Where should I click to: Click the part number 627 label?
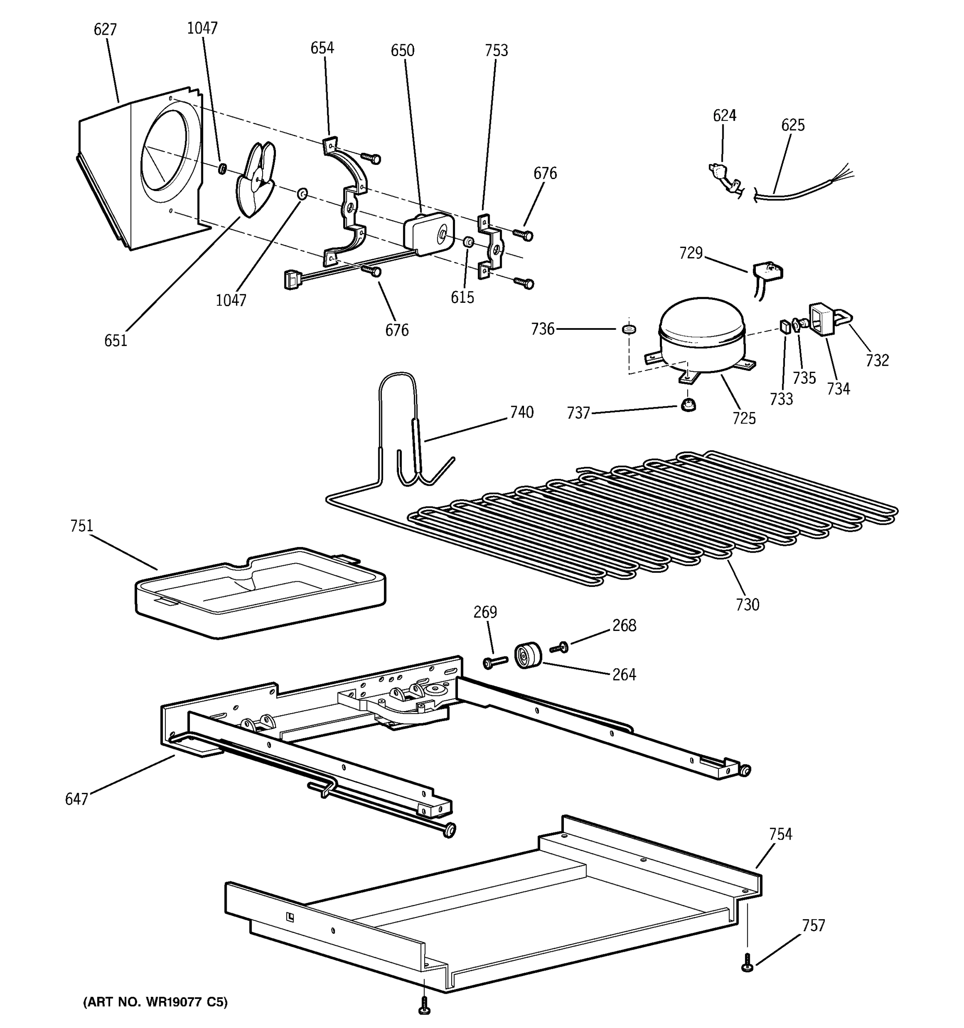click(105, 30)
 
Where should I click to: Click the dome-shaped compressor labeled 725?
click(701, 335)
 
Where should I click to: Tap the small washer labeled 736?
click(629, 329)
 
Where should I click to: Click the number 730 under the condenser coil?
click(747, 604)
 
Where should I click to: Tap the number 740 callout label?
click(521, 412)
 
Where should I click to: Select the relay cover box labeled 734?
click(822, 319)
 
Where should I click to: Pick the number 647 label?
click(77, 799)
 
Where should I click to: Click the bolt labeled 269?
click(495, 661)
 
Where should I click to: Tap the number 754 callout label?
click(780, 834)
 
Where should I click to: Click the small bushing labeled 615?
click(467, 242)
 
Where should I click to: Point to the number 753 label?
click(496, 50)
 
